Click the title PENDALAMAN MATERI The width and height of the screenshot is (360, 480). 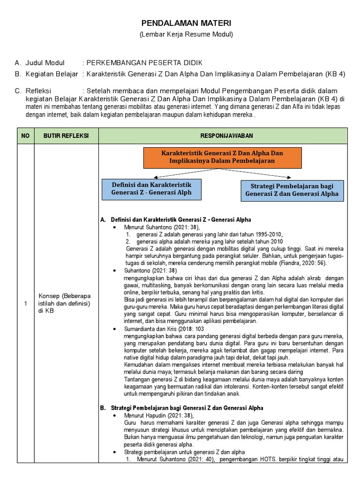click(x=187, y=23)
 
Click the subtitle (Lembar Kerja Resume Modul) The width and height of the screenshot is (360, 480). click(x=186, y=34)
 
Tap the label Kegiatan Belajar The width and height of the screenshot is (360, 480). click(x=51, y=74)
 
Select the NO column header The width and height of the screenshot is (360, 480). click(x=25, y=135)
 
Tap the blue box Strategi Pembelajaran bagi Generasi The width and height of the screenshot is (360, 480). click(x=292, y=190)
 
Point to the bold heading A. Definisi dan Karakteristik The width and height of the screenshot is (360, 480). click(x=176, y=219)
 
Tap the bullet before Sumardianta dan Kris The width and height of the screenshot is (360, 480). click(x=115, y=330)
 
